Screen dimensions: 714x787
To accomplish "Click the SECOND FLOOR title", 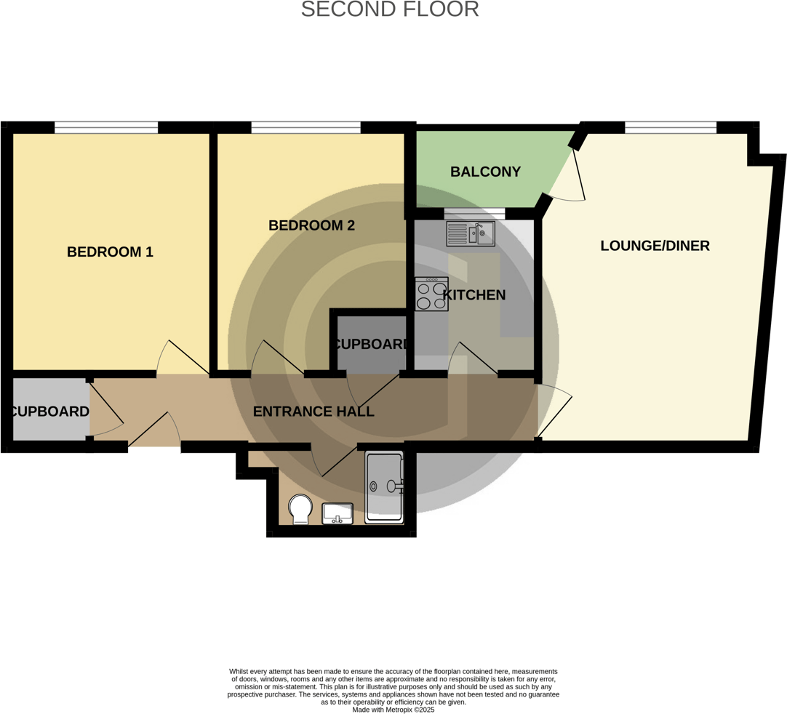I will [x=389, y=9].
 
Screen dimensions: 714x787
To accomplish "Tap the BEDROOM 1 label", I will [x=110, y=252].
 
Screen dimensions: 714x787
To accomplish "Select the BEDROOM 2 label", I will [x=311, y=225].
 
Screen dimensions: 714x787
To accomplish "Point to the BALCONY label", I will [x=485, y=172].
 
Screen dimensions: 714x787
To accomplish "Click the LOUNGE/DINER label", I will [x=655, y=246].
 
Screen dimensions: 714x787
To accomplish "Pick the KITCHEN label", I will [x=474, y=295].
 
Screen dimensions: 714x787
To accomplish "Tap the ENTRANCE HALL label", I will [x=313, y=412].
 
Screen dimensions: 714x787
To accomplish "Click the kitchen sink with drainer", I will [x=471, y=233].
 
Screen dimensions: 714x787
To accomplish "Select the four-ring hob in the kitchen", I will [x=431, y=294].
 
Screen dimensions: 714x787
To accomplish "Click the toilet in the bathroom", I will [x=300, y=508].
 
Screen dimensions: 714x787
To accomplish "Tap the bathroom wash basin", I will [x=337, y=513].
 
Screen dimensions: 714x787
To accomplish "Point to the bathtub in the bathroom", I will [x=384, y=487].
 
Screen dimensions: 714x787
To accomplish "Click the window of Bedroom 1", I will [x=106, y=128].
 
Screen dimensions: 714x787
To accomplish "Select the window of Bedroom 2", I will [x=305, y=128].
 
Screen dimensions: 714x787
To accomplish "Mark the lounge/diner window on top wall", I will [x=671, y=128].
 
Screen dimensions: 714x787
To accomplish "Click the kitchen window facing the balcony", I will [x=474, y=213].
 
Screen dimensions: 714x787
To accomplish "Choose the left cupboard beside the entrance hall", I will [x=49, y=412].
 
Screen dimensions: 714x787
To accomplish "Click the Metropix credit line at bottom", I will [x=393, y=710].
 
